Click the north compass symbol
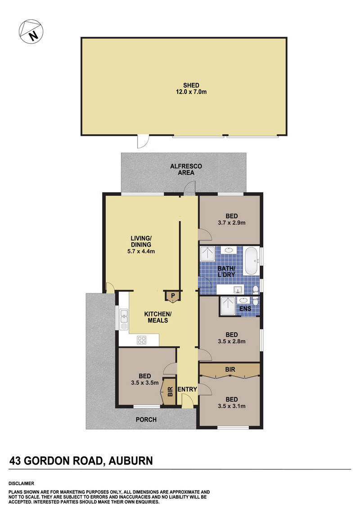pos(31,32)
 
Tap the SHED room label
pos(191,85)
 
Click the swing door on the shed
pos(142,141)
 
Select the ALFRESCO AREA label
pos(186,169)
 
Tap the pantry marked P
pos(172,295)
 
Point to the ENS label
pos(245,309)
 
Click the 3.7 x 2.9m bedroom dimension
pos(231,222)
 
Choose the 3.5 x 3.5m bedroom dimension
pos(144,383)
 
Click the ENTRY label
pos(187,389)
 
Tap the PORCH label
pos(146,419)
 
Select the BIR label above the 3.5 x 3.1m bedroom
pos(230,369)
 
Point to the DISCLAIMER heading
pos(22,483)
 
